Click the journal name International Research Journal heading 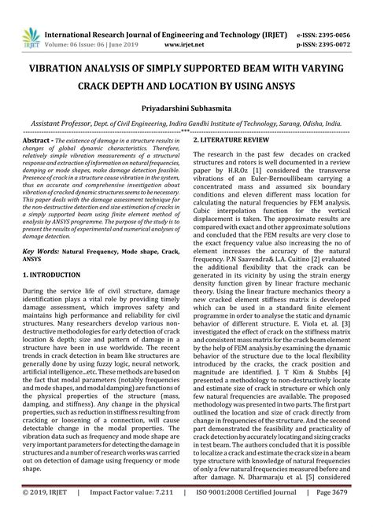118,13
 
